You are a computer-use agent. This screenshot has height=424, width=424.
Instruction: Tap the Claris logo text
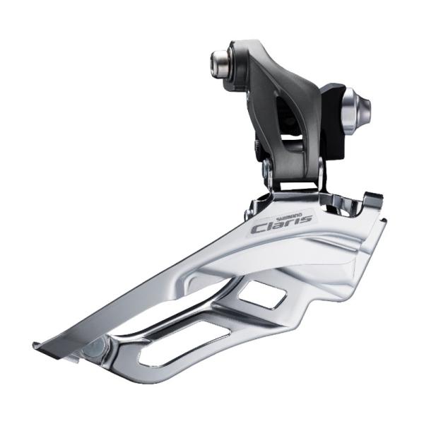click(281, 224)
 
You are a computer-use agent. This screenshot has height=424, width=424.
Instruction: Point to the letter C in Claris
click(259, 229)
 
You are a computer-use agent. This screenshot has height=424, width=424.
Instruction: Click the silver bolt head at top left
click(220, 62)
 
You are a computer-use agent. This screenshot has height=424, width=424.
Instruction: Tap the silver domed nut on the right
click(356, 111)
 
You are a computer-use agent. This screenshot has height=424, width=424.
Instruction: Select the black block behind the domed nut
click(333, 122)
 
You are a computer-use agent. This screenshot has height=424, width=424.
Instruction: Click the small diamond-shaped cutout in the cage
click(261, 294)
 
